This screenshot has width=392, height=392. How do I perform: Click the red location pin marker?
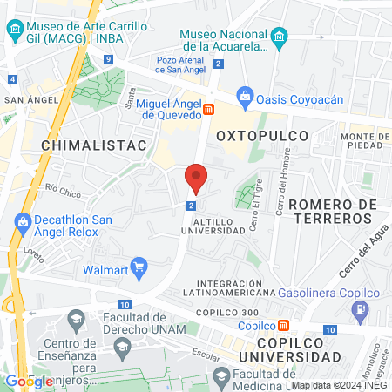[x=197, y=179]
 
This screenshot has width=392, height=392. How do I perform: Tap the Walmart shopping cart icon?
[x=138, y=266]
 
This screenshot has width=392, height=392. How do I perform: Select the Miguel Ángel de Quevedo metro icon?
[x=209, y=110]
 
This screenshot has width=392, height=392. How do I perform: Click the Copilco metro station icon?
[x=284, y=326]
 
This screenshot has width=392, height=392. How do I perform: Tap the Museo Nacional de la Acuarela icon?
[x=279, y=36]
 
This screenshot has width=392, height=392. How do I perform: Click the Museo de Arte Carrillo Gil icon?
[x=16, y=32]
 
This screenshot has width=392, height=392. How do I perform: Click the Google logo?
[x=29, y=381]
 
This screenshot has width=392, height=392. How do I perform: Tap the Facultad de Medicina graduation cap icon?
[x=221, y=375]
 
